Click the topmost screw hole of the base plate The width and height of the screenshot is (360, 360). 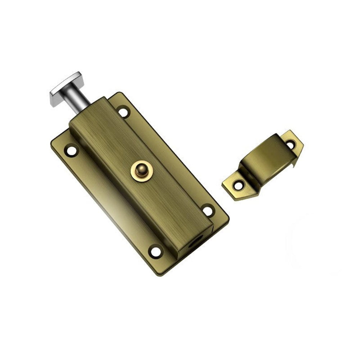(x=123, y=111)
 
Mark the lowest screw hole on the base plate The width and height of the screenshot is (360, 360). (x=156, y=251)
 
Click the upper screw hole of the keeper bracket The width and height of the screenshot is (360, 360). (x=290, y=145)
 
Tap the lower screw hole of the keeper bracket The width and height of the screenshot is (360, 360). (x=238, y=185)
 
